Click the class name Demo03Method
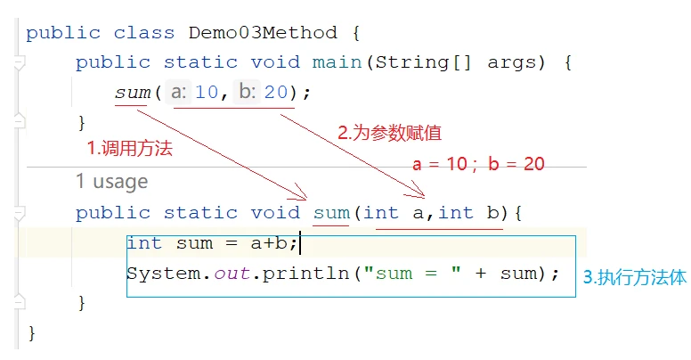tap(263, 33)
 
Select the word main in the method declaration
tap(337, 62)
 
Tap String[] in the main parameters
tap(423, 62)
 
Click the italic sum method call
tap(133, 93)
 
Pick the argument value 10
tap(207, 92)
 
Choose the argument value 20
tap(276, 92)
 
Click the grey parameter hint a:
tap(178, 92)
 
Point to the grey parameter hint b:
tap(248, 92)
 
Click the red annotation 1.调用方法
tap(130, 148)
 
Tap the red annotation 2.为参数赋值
tap(389, 133)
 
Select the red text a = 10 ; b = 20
tap(478, 164)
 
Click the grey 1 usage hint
tap(112, 181)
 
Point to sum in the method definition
tap(331, 213)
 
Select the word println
tap(306, 274)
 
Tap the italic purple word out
tap(232, 274)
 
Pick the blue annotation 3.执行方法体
tap(635, 277)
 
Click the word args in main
tap(511, 63)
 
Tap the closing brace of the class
tap(31, 333)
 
